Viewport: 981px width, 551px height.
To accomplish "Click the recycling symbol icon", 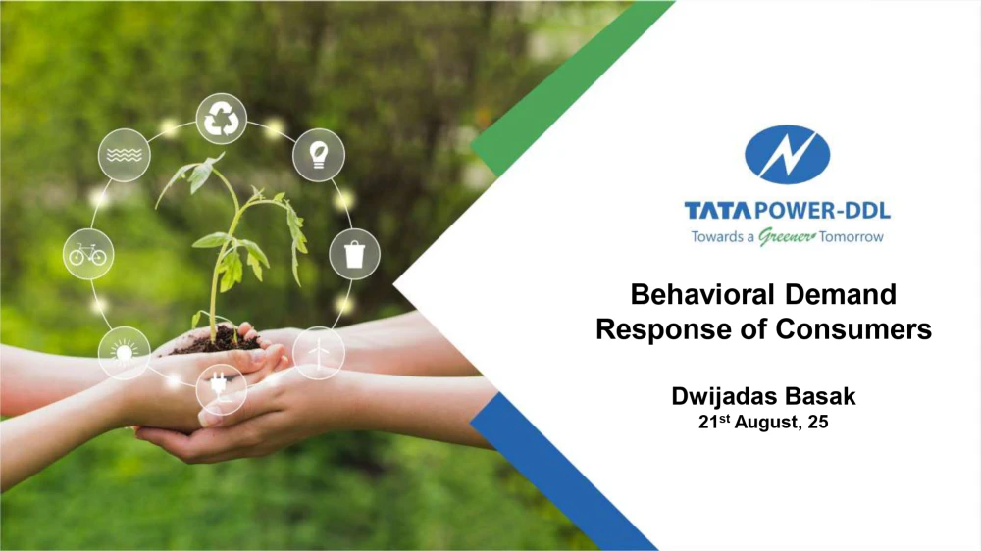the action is click(222, 119).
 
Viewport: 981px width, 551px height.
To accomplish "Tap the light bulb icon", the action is click(319, 155).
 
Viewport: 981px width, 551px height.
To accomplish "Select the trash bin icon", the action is click(354, 255).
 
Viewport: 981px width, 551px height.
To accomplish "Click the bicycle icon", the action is click(87, 255).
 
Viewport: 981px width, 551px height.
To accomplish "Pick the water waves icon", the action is click(124, 155).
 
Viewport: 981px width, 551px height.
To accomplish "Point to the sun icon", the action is click(124, 353).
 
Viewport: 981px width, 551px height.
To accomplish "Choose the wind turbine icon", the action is click(319, 353).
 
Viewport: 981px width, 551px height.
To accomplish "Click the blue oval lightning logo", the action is click(787, 155).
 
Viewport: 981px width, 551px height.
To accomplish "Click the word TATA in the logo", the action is click(718, 211).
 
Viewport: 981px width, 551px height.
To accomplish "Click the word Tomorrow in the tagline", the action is click(852, 237).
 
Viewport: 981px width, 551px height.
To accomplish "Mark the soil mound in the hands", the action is click(219, 341).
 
